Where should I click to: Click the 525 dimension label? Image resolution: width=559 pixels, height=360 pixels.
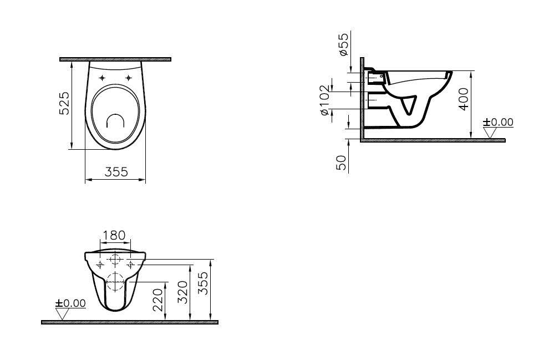click(x=64, y=103)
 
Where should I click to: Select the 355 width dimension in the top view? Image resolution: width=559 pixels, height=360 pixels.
click(x=116, y=172)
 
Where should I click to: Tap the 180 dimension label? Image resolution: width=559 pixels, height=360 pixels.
click(x=114, y=235)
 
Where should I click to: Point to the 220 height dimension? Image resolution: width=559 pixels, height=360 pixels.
click(x=157, y=300)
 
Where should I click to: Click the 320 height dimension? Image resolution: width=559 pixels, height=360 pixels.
click(x=183, y=292)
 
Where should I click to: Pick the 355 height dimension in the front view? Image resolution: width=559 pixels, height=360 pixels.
click(x=203, y=283)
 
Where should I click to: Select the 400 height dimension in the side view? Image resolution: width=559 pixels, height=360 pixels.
click(x=464, y=99)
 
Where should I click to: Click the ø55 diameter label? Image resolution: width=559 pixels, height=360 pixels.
click(x=343, y=44)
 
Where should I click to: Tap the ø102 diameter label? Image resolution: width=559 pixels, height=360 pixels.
click(x=324, y=100)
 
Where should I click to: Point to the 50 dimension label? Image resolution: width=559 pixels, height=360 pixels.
click(x=342, y=163)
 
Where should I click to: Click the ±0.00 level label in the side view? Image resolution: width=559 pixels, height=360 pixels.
click(x=498, y=122)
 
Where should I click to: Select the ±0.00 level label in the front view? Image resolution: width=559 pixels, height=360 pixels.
click(x=70, y=303)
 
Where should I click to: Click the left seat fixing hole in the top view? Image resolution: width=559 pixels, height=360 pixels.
click(x=102, y=78)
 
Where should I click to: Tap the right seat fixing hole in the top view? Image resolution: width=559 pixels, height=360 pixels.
click(x=128, y=78)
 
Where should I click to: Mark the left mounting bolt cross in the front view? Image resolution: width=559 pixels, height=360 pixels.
click(x=100, y=265)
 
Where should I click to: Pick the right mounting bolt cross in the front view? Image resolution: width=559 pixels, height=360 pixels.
click(x=130, y=265)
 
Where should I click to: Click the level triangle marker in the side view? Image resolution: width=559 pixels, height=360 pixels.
click(x=490, y=133)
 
